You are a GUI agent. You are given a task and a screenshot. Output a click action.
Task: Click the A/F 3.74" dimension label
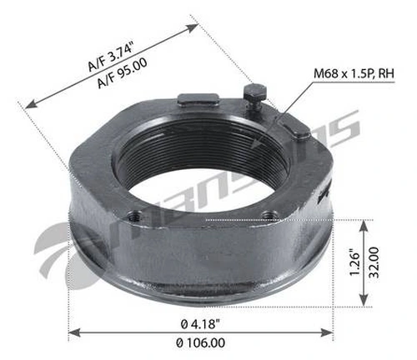[x=111, y=56]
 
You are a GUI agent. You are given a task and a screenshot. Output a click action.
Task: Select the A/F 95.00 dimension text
[x=123, y=73]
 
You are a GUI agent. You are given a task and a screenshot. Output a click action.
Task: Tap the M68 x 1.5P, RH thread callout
[x=354, y=74]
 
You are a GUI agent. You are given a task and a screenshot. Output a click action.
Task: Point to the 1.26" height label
[x=354, y=263]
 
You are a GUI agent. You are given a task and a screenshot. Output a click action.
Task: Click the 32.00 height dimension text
[x=374, y=262]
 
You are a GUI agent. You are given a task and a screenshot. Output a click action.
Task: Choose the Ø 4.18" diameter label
[x=200, y=324]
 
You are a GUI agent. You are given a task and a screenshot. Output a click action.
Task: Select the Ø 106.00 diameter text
[x=200, y=342]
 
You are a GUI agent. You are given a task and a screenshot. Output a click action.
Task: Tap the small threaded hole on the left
[x=134, y=216]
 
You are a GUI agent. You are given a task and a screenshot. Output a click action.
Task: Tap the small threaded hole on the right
[x=270, y=215]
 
